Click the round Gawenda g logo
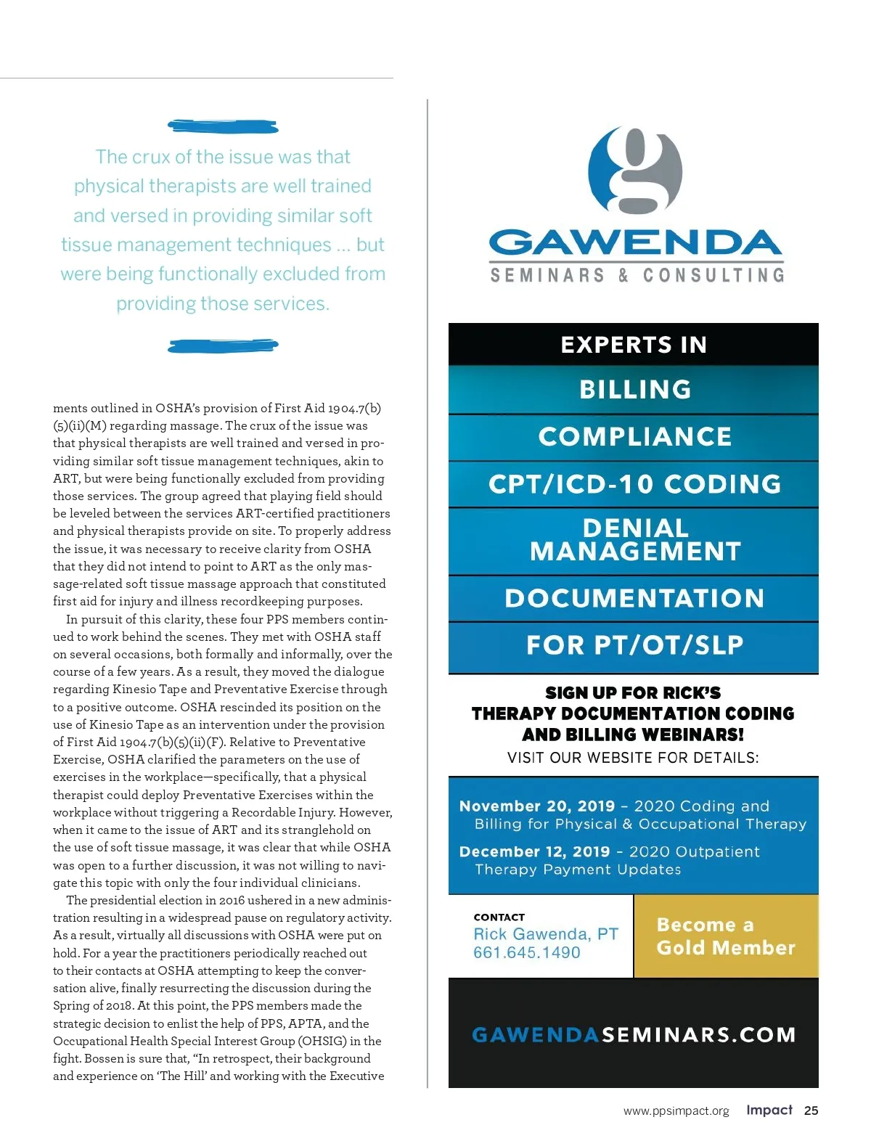tap(635, 172)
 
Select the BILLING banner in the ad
tap(634, 390)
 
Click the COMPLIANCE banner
tap(634, 437)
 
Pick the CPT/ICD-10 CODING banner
tap(634, 484)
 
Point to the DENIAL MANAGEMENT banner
tap(634, 540)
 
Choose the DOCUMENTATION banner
tap(634, 598)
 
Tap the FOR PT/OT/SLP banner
tap(634, 645)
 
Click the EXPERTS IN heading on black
tap(634, 345)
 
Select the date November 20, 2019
tap(536, 806)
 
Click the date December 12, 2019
tap(534, 851)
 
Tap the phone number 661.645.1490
tap(526, 952)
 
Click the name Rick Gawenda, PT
tap(545, 934)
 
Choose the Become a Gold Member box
tap(726, 936)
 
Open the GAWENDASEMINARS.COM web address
tap(634, 1034)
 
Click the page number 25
tap(811, 1111)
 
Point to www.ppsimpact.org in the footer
tap(676, 1111)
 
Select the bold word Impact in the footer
tap(769, 1110)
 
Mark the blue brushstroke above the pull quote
tap(223, 126)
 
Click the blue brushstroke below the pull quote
tap(223, 345)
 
